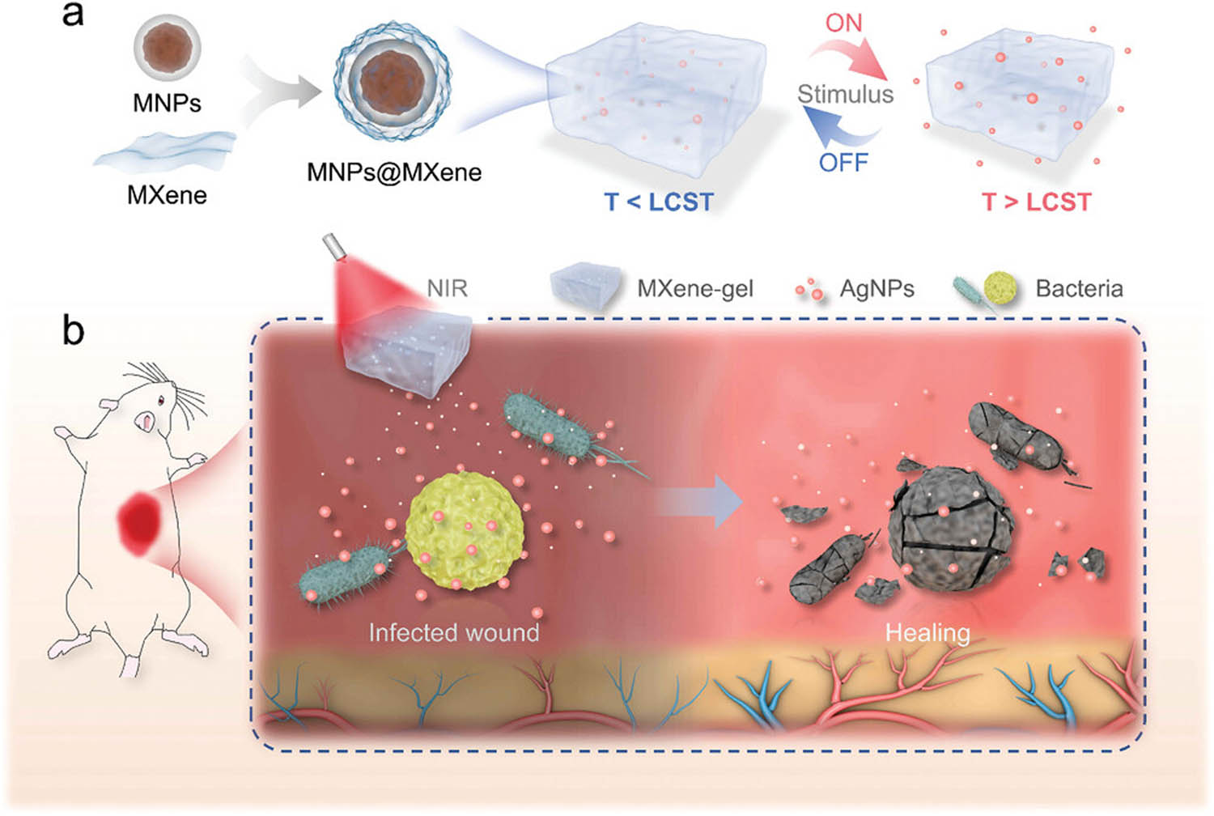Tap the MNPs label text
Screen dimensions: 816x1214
167,103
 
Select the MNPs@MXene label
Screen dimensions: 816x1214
394,172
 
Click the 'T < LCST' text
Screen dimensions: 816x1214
659,202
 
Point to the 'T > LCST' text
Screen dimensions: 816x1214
1036,202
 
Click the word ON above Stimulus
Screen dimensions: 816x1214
844,23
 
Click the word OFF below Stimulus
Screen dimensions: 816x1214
843,162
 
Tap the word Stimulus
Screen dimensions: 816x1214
845,94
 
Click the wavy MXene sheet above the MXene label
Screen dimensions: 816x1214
166,150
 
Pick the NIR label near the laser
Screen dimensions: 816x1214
447,288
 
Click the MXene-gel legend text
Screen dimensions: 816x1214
694,288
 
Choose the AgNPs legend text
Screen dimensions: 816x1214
877,288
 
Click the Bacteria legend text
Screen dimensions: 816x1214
1079,288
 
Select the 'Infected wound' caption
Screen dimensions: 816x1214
453,632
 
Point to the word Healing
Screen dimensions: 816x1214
927,632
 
